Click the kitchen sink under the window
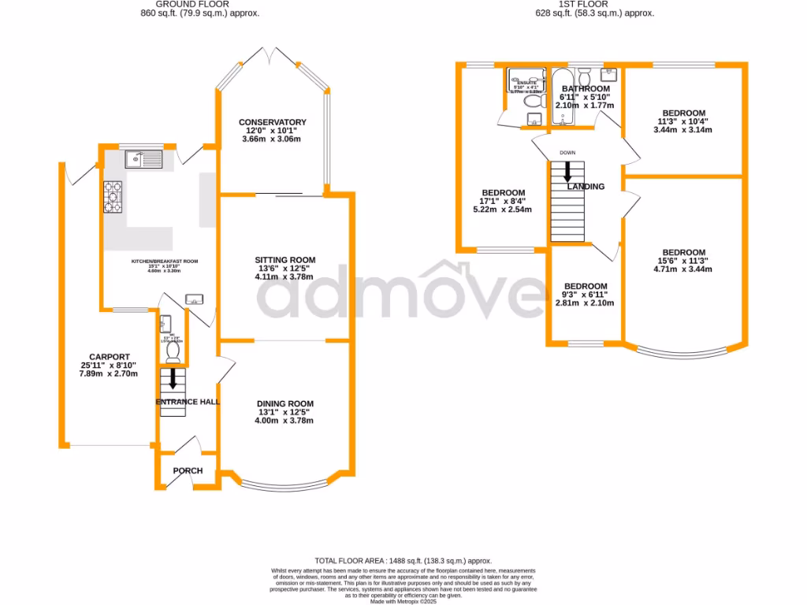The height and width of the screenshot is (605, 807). (143, 160)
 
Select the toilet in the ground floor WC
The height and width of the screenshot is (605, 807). (173, 352)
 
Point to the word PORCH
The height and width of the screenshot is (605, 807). (188, 471)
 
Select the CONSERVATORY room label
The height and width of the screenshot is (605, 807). (273, 122)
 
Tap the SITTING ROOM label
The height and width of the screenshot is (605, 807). (284, 260)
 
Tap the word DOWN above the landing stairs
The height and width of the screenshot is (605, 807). (567, 153)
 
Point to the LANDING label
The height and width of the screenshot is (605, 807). (586, 187)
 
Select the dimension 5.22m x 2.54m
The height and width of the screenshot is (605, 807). (503, 210)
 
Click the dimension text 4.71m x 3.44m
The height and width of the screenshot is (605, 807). (683, 269)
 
